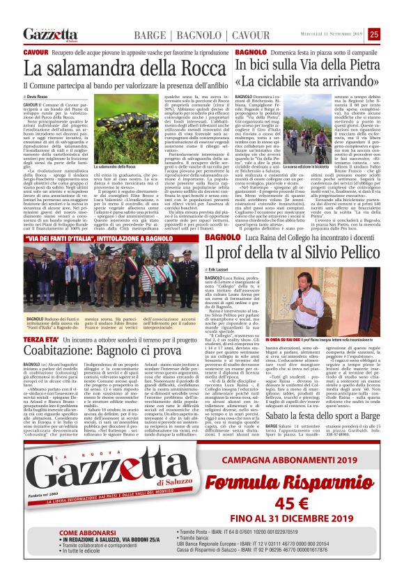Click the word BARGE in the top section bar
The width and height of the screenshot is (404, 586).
click(149, 35)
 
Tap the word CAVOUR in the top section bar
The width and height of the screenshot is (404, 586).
click(231, 35)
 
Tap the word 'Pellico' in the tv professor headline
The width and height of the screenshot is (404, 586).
click(354, 251)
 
